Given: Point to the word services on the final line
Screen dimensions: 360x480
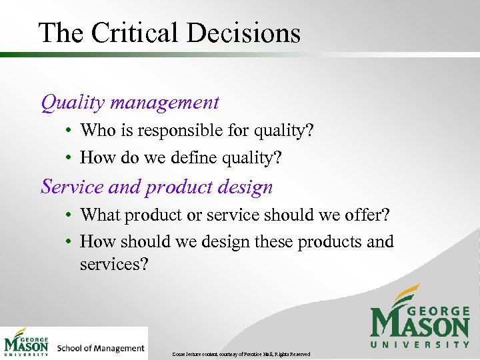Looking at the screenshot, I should click(113, 264).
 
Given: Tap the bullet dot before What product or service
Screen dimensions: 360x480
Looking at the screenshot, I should click(69, 216).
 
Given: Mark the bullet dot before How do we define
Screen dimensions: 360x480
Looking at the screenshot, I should click(69, 159).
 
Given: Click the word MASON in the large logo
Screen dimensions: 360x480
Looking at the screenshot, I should click(419, 325).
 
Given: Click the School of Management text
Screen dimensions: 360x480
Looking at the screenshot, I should click(101, 348).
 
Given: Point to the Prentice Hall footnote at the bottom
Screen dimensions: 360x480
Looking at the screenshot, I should click(241, 353).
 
